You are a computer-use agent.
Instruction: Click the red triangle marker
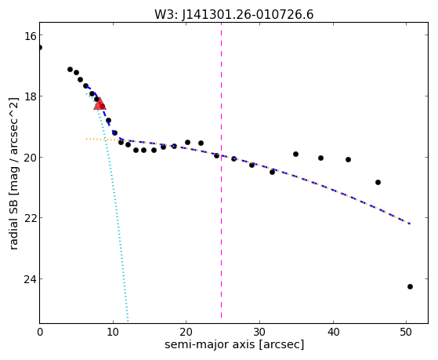point(100,104)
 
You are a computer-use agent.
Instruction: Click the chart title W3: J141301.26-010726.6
point(233,15)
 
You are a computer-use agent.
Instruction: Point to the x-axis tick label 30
point(259,332)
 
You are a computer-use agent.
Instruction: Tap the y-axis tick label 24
point(29,279)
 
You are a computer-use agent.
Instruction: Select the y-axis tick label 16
point(29,35)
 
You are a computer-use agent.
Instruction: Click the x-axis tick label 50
point(406,332)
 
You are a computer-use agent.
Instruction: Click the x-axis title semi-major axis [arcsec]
point(234,344)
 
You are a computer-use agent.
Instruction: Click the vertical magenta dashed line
point(221,170)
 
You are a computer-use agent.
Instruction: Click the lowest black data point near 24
point(410,287)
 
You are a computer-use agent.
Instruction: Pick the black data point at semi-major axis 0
point(40,47)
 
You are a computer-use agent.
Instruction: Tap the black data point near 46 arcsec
point(378,183)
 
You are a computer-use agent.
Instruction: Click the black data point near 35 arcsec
point(295,155)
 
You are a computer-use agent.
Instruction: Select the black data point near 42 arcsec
point(348,160)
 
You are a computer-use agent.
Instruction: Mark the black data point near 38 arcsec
point(320,158)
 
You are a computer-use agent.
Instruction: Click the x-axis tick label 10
point(113,332)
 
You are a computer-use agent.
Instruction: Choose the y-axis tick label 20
point(29,157)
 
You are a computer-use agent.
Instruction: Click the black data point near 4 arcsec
point(70,69)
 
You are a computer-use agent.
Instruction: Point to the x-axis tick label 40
point(333,332)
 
